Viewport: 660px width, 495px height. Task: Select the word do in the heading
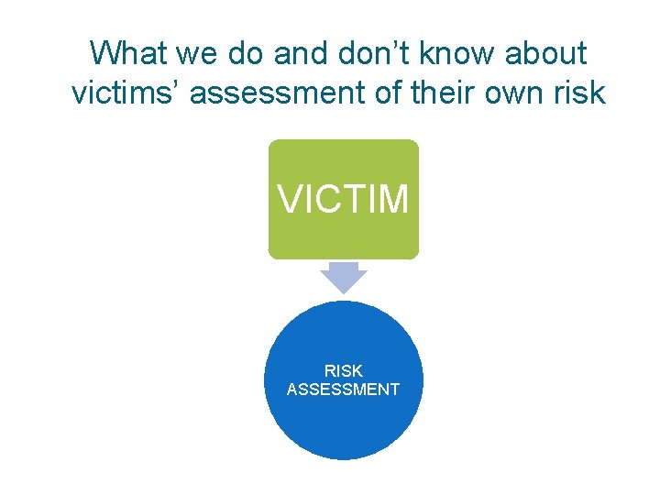pyautogui.click(x=240, y=53)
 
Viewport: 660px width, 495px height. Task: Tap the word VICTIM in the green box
pyautogui.click(x=343, y=199)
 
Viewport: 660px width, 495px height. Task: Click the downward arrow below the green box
pyautogui.click(x=343, y=278)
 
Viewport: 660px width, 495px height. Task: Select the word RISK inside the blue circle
pyautogui.click(x=343, y=371)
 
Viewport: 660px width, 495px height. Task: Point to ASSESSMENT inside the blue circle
pyautogui.click(x=343, y=390)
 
